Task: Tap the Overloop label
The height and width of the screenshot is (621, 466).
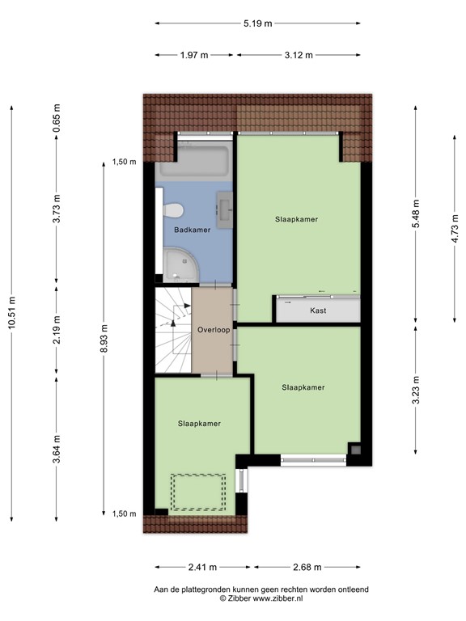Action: (214, 330)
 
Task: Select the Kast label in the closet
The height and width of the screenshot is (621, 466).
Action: (318, 310)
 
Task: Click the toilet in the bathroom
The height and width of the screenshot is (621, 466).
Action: (172, 210)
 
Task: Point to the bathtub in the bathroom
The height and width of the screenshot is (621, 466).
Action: (194, 166)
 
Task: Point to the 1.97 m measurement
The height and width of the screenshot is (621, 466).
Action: (194, 55)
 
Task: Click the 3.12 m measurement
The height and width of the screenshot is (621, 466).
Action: (299, 55)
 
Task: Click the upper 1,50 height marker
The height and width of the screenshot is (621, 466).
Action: (125, 162)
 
